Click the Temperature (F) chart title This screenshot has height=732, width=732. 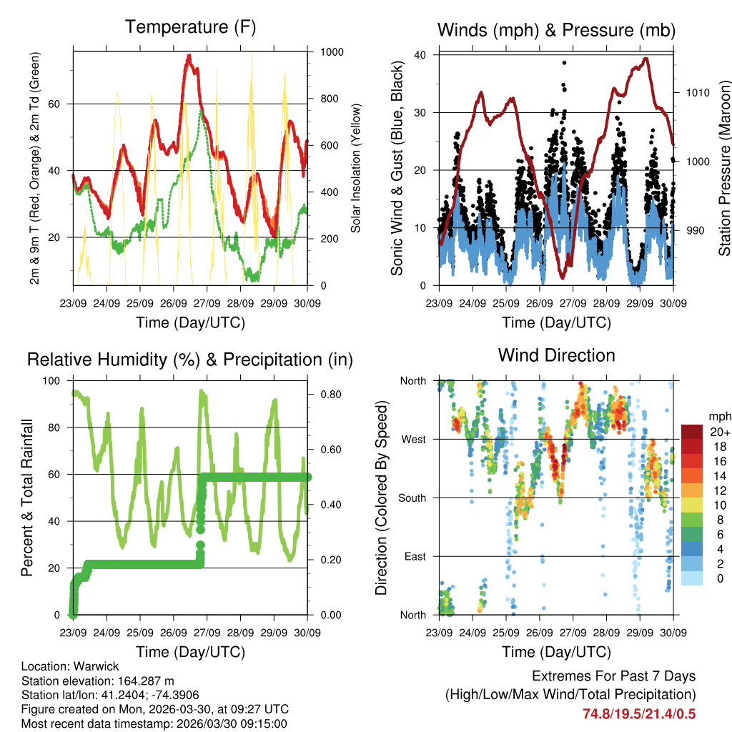[189, 28]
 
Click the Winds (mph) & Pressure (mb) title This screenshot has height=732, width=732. [556, 30]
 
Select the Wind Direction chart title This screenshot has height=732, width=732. [556, 355]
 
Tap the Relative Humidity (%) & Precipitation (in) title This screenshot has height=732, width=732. [189, 360]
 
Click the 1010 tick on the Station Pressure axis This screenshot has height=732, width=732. [696, 93]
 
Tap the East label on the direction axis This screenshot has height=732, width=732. [414, 556]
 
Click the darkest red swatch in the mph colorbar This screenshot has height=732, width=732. [692, 432]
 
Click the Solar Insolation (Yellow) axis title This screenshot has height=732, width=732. [355, 168]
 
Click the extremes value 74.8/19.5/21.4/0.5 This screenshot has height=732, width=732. [639, 713]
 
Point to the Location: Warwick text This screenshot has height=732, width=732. [60, 666]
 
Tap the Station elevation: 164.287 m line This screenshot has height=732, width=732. [98, 681]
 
